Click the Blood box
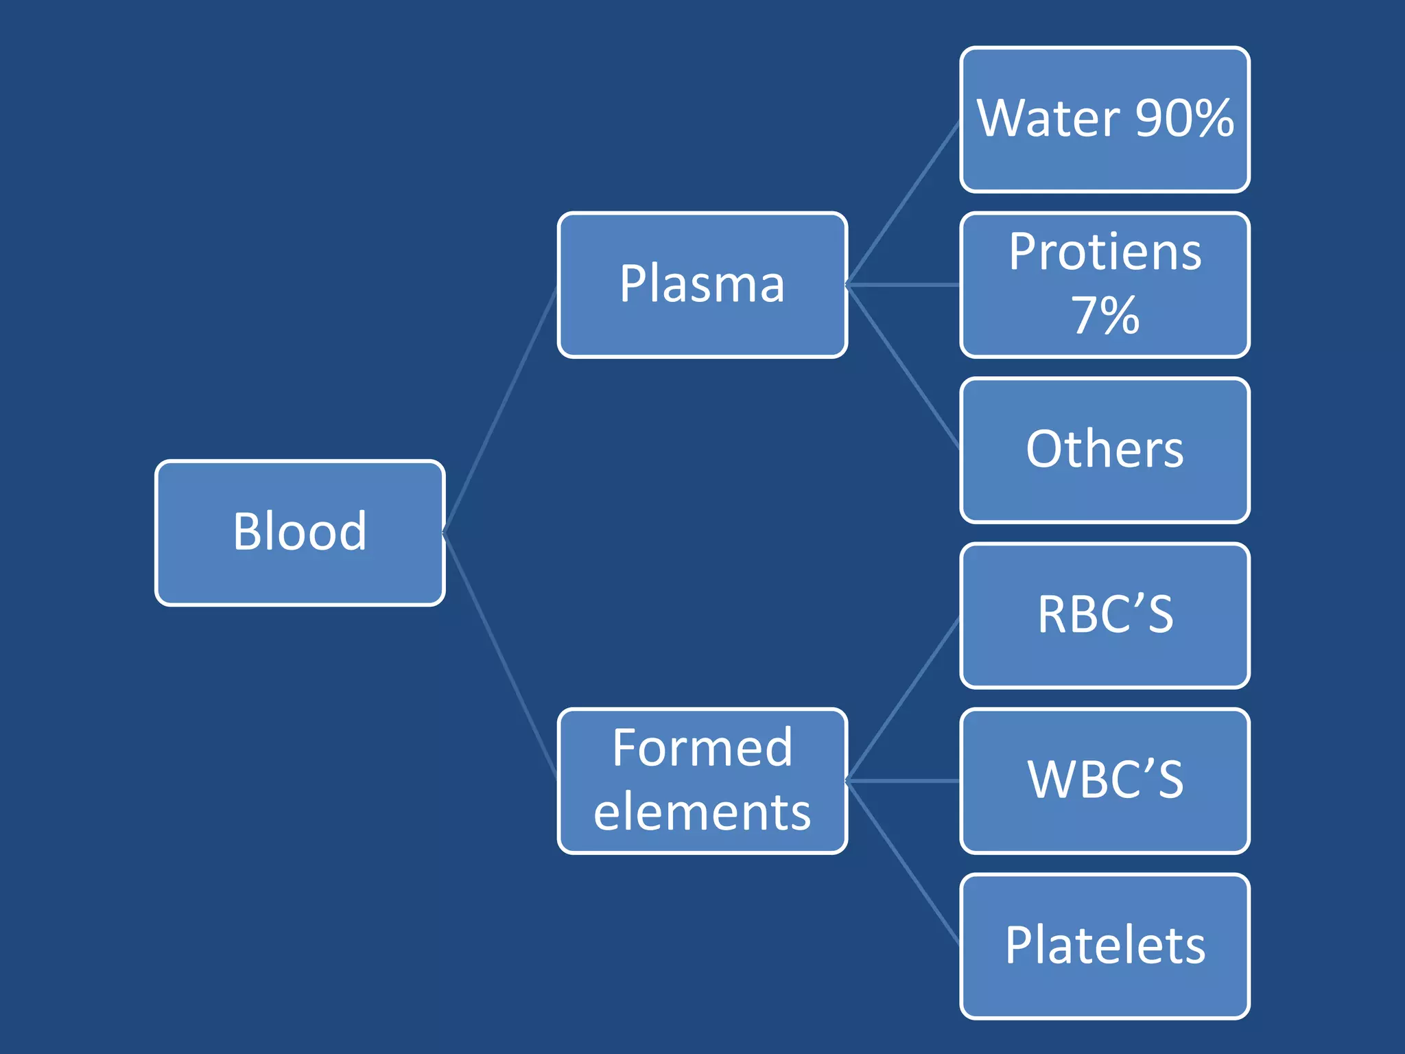(x=300, y=532)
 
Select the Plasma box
(x=702, y=285)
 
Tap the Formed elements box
(x=702, y=781)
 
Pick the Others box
(x=1105, y=450)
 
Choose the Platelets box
(x=1105, y=946)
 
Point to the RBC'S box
(x=1105, y=616)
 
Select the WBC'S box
(x=1105, y=781)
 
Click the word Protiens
(x=1105, y=253)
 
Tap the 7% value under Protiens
(x=1105, y=316)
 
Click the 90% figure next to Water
(x=1185, y=119)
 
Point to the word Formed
(x=702, y=748)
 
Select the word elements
(x=702, y=812)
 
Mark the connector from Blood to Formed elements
(x=501, y=656)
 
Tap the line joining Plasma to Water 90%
(x=904, y=202)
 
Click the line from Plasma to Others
(x=904, y=367)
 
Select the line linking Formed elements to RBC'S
(x=904, y=699)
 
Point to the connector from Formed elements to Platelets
(x=904, y=863)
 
